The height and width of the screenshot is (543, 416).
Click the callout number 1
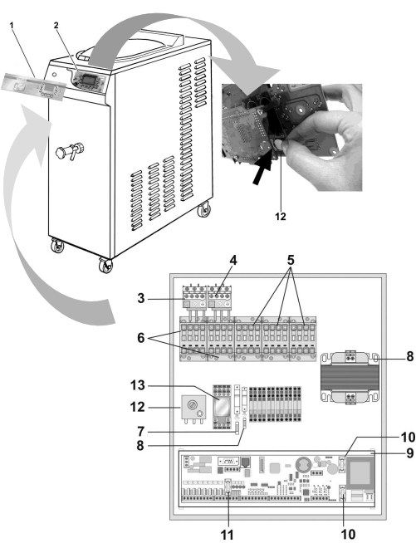pos(12,25)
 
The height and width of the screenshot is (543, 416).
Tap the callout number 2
pos(56,25)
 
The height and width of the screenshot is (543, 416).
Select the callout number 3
pos(140,298)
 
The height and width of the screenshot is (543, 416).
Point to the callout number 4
pos(233,261)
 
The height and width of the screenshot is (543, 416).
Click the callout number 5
pos(291,260)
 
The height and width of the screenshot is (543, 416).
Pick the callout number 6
pos(140,338)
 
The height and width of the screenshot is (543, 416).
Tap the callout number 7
pos(140,432)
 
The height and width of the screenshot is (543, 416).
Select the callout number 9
pos(409,452)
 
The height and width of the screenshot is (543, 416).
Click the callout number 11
pos(228,535)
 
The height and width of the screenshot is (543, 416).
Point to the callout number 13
pos(138,385)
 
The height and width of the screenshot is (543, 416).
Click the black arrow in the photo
pos(262,170)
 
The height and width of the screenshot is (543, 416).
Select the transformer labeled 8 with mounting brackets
pos(350,378)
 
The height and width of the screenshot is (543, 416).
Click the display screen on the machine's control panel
pos(88,78)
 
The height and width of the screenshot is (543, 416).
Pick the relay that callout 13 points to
pos(222,407)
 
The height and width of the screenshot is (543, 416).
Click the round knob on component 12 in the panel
pos(191,404)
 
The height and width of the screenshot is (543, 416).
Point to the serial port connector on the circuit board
pos(228,461)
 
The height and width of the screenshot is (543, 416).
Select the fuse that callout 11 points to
pos(228,487)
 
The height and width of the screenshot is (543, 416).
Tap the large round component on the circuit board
pos(302,463)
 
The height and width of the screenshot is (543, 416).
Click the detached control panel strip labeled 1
pos(33,86)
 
